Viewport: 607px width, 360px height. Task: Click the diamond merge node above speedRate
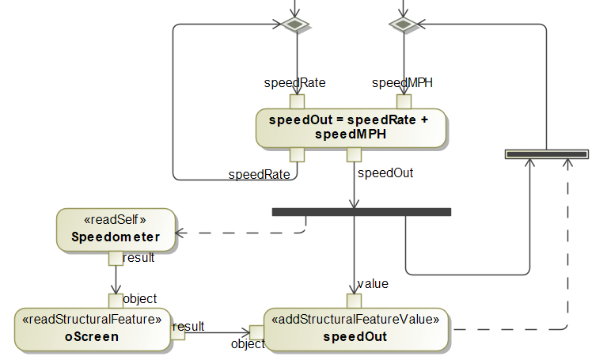click(296, 25)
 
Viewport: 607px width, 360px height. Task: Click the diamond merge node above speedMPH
click(403, 25)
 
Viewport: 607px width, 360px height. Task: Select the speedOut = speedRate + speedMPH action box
click(351, 128)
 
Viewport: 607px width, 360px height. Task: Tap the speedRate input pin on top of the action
click(297, 102)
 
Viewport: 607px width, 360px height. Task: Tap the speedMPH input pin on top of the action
click(404, 102)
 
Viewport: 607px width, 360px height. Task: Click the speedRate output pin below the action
click(297, 154)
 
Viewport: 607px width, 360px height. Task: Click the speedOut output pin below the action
click(354, 154)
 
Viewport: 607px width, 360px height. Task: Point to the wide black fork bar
click(361, 212)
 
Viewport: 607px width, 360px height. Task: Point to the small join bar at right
click(547, 153)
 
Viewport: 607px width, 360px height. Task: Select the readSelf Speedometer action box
click(115, 229)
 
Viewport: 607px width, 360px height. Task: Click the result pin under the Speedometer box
click(116, 258)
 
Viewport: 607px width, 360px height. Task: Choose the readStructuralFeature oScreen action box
click(92, 329)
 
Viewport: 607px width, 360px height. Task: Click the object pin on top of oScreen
click(116, 301)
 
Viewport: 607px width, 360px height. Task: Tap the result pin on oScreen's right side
click(177, 333)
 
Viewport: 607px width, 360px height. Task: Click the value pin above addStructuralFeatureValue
click(354, 301)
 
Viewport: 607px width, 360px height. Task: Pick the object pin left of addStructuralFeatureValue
click(256, 333)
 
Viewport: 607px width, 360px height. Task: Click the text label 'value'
click(372, 284)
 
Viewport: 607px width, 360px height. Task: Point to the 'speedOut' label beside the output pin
click(385, 172)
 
